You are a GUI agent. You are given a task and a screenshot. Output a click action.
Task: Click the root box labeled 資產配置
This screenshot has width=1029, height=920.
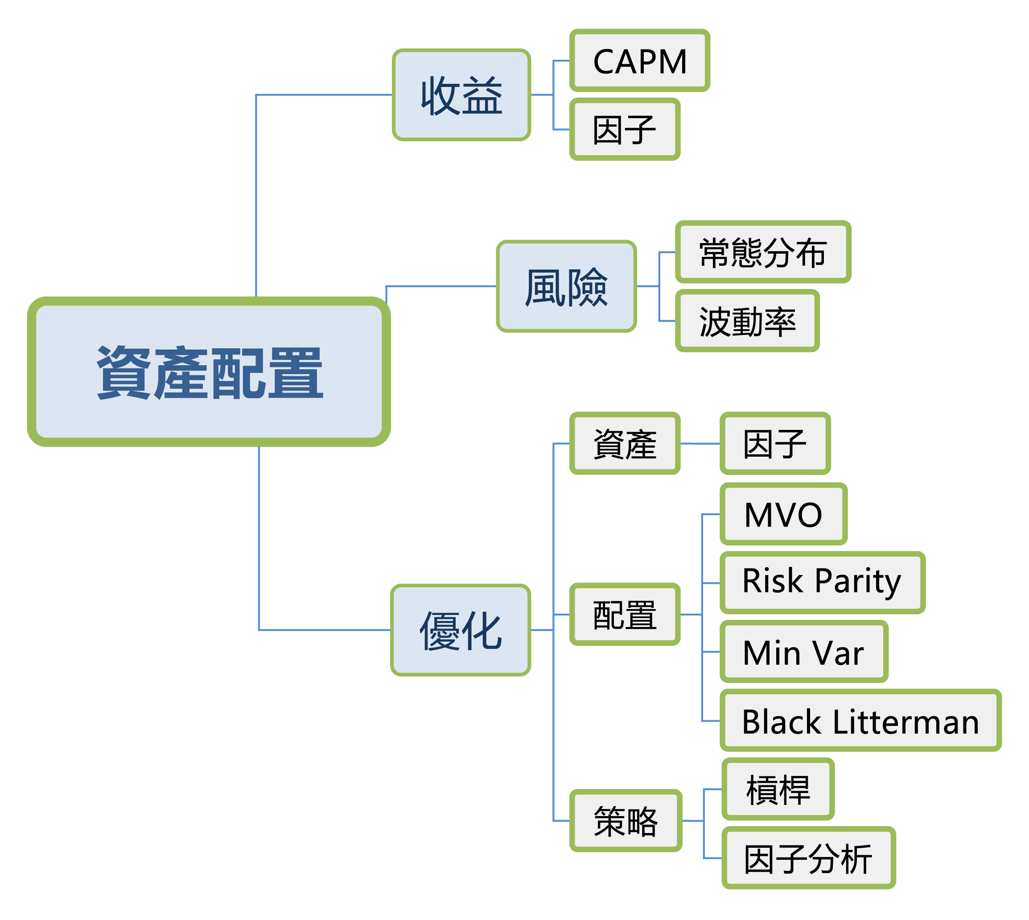[209, 371]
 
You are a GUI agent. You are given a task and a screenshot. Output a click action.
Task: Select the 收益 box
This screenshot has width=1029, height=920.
[461, 95]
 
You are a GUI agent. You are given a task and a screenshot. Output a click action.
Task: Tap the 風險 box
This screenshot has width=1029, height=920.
[566, 286]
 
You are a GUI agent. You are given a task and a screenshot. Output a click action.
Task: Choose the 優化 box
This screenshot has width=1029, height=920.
[461, 630]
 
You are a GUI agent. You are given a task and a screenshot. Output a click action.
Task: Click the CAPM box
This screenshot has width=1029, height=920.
[639, 61]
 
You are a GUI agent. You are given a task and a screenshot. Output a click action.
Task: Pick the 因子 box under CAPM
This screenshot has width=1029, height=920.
[625, 129]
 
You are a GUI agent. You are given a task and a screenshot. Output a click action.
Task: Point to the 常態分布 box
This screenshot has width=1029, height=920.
[763, 252]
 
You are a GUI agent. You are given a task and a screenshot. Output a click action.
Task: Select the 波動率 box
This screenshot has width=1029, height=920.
[747, 321]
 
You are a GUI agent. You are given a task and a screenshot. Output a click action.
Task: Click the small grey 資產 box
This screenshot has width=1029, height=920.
[625, 443]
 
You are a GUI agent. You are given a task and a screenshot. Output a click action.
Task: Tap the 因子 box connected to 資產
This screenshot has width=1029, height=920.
[775, 443]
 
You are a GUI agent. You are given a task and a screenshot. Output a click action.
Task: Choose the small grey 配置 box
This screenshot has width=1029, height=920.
[625, 614]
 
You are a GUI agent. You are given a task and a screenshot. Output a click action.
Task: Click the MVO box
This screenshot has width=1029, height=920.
[783, 514]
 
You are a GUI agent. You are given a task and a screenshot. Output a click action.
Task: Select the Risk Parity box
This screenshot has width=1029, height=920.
[822, 583]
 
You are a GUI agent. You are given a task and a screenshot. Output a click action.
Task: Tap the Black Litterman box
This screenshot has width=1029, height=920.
[860, 720]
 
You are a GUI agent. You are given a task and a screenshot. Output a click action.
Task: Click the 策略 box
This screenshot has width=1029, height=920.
[626, 821]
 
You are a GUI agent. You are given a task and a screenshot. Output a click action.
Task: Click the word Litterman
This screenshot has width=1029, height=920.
[906, 722]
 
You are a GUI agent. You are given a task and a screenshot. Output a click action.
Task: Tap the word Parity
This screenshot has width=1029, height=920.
[858, 582]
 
